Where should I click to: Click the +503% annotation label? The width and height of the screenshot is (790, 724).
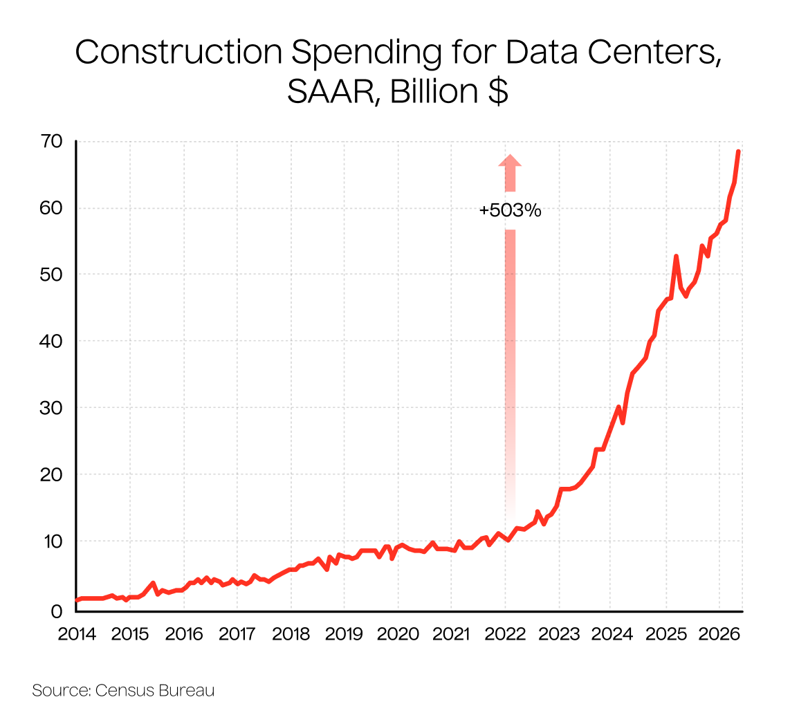point(510,210)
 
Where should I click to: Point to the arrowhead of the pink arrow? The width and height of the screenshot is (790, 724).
point(510,160)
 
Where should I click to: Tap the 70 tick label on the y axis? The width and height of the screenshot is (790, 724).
point(51,142)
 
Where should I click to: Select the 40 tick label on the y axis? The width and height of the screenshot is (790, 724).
point(51,342)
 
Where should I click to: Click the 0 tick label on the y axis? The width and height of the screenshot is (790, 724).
point(57,611)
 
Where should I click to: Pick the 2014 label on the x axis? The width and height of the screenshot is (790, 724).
point(77,634)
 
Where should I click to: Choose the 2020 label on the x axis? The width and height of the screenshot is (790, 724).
point(398,634)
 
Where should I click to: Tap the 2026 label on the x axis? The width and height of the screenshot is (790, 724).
point(719,634)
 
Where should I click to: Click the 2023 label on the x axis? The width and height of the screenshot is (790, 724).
point(559,634)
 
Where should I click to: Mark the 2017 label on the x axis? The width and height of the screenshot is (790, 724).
point(237,634)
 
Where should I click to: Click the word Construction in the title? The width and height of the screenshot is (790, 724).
point(179,52)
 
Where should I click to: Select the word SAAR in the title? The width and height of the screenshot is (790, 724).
point(331,92)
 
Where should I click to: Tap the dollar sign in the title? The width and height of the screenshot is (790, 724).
point(498,91)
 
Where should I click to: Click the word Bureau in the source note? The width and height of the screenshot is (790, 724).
point(186,689)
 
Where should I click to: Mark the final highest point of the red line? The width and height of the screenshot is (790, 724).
point(738,151)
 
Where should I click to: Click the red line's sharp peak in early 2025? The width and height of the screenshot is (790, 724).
point(676,257)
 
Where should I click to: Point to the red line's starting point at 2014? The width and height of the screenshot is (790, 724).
point(77,600)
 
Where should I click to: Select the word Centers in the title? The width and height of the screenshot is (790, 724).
point(654,52)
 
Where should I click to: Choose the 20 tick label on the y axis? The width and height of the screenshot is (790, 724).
point(51,474)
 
